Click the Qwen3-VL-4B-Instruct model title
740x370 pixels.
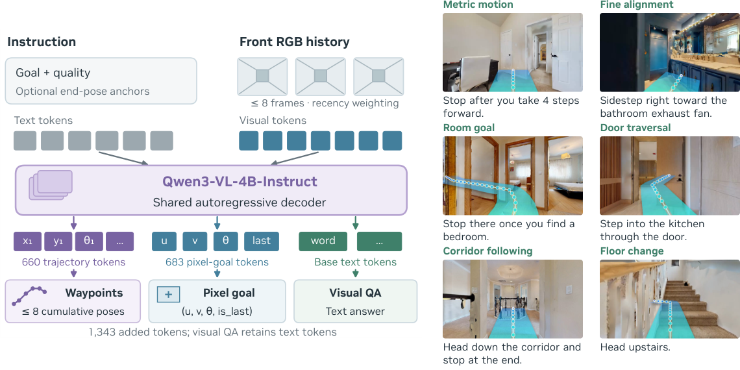click(x=240, y=182)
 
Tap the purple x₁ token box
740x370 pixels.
click(x=28, y=241)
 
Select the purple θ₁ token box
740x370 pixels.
click(x=89, y=241)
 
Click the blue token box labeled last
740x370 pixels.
click(x=262, y=241)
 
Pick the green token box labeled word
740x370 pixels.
click(x=323, y=241)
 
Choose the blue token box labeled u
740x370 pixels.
click(x=164, y=241)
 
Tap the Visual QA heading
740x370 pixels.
click(x=355, y=293)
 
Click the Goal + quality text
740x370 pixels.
click(x=53, y=73)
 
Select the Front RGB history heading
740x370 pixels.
click(x=295, y=42)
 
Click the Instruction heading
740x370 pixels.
click(x=42, y=42)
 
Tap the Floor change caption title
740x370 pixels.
click(x=632, y=251)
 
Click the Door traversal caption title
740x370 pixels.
click(x=635, y=128)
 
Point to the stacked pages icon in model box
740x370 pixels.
click(x=51, y=184)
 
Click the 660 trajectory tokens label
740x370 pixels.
click(x=73, y=262)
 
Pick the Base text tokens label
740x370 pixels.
click(x=355, y=262)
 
